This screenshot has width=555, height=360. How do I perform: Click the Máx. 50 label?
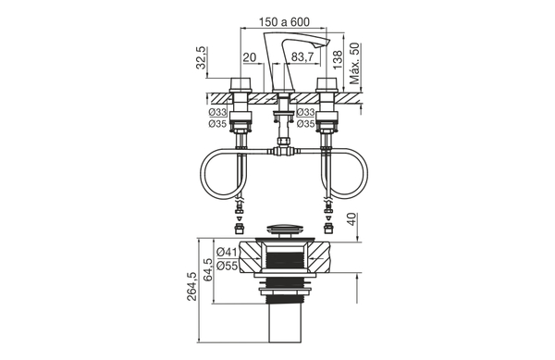[x=357, y=61]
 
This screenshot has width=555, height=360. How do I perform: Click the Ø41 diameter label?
[x=228, y=252]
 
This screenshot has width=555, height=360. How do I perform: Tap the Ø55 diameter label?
[x=228, y=266]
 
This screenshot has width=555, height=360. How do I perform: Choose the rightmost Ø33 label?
[x=304, y=111]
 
